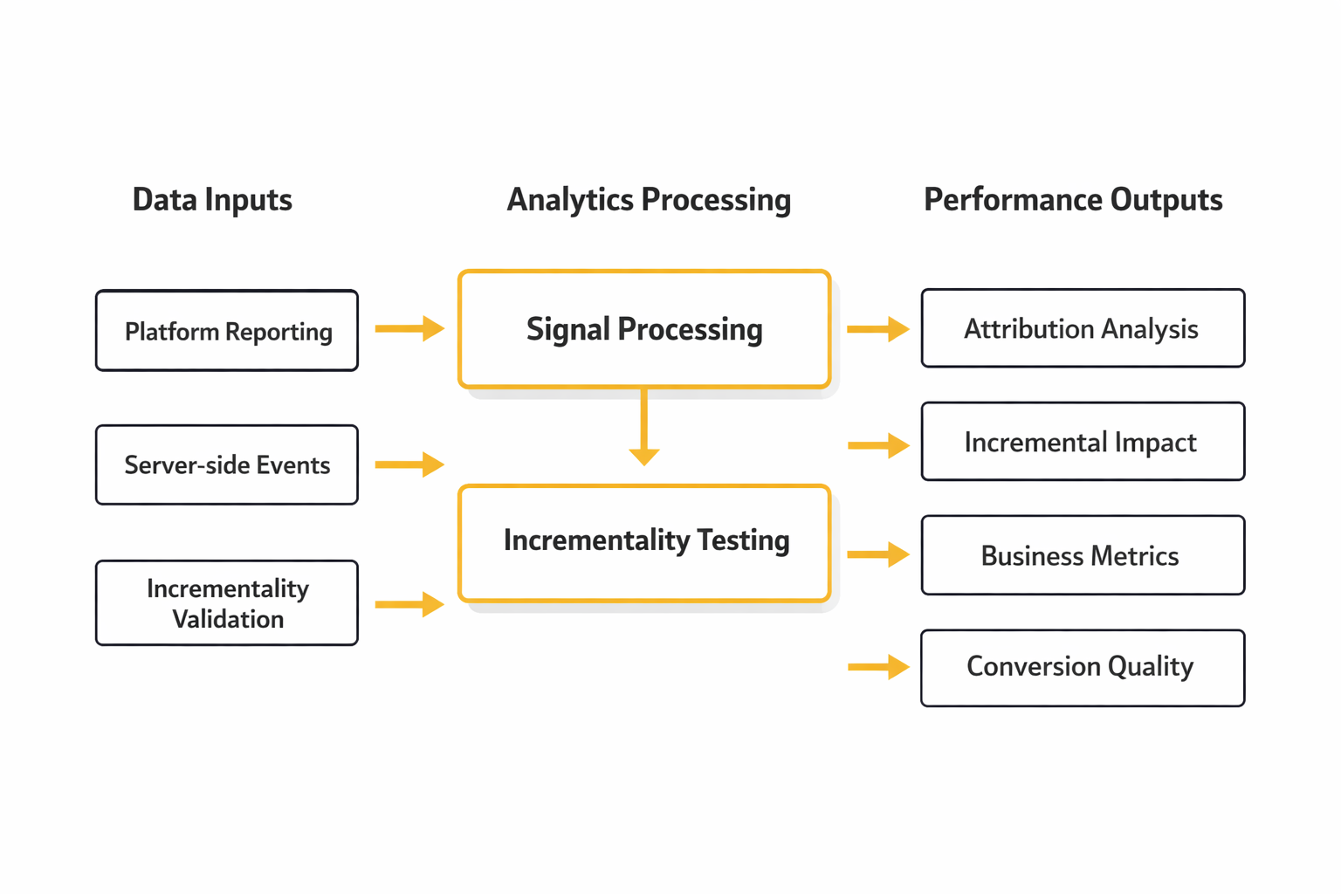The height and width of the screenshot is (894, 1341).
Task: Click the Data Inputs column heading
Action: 212,200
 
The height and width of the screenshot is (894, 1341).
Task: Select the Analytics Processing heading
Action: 649,200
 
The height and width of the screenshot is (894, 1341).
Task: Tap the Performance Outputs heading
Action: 1073,200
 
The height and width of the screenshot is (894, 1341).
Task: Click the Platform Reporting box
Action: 227,331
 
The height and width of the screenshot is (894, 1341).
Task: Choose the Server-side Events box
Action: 227,464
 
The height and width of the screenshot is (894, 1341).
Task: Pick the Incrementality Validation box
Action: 227,603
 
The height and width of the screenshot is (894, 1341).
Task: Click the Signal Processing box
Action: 644,329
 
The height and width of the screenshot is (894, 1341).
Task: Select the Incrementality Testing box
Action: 644,542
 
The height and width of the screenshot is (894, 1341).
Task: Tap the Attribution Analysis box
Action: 1083,328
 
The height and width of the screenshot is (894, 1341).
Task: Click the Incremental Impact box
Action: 1083,442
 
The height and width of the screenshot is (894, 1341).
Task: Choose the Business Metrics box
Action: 1083,555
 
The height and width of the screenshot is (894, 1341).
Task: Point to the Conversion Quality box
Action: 1083,667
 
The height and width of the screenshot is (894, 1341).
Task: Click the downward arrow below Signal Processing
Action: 644,428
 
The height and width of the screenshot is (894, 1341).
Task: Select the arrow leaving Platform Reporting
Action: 409,329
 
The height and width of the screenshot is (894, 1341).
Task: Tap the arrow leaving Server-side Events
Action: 409,464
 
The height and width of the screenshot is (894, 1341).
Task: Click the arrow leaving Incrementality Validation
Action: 409,604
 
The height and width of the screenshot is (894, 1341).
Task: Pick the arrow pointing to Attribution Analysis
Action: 877,329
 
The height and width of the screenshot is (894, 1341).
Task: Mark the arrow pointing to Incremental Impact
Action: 877,445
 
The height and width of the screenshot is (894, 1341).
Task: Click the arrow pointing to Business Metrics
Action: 877,554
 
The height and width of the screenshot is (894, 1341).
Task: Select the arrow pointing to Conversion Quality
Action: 877,667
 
